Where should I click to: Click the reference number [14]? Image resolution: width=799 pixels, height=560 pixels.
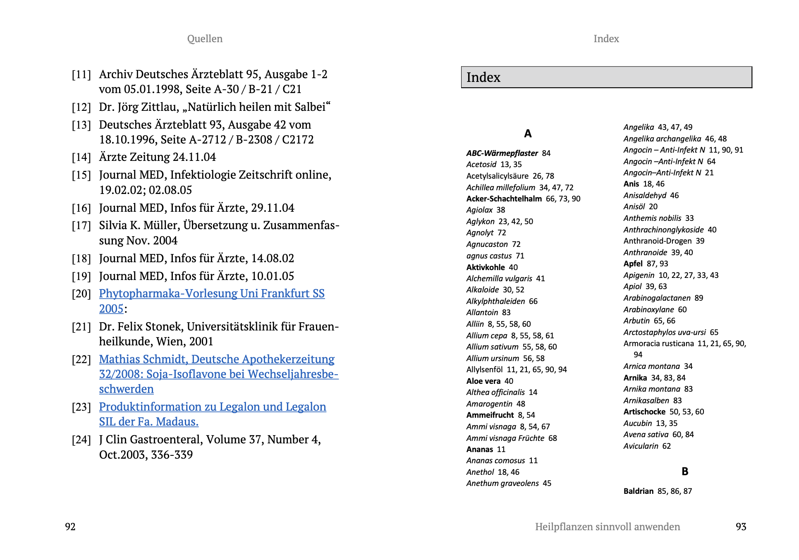(81, 157)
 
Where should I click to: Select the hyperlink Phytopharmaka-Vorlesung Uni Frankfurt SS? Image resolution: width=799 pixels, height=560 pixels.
(212, 294)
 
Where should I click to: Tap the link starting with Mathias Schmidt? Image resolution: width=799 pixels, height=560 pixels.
(217, 359)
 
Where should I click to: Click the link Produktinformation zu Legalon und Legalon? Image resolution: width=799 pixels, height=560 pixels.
(213, 407)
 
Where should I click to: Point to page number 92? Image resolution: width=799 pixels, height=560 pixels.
(70, 526)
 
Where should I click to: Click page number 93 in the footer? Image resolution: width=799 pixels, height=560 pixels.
(741, 526)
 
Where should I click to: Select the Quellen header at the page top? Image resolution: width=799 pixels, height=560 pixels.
(205, 39)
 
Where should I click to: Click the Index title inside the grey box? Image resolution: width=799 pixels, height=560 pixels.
(483, 77)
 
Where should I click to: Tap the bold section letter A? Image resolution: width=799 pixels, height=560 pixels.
(528, 134)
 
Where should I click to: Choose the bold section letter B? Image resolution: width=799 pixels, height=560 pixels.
(685, 471)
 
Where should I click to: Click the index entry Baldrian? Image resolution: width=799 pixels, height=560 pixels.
(639, 491)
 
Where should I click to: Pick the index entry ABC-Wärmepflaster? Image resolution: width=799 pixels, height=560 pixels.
(502, 153)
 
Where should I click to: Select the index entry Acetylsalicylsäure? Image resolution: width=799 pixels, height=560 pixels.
(497, 176)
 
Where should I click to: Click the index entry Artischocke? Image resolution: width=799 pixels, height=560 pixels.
(644, 412)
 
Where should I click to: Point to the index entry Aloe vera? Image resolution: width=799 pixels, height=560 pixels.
(483, 381)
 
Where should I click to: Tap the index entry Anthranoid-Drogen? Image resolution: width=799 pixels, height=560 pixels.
(658, 241)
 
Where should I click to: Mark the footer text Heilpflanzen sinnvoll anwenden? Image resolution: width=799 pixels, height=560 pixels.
(607, 526)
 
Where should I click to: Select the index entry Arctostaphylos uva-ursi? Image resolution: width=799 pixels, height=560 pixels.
(665, 332)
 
